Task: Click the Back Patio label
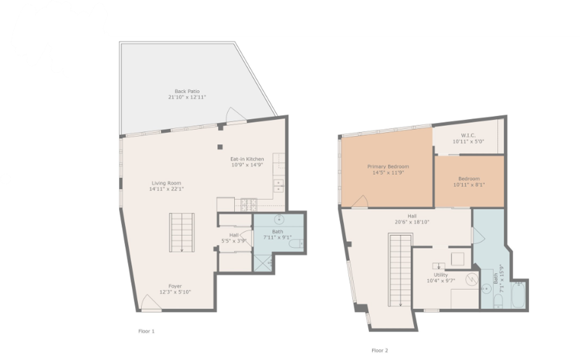187,91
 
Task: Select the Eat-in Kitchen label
247,159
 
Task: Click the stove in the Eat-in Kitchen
249,204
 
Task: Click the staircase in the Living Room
182,233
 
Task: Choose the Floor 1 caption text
146,331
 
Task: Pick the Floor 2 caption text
380,350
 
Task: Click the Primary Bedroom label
388,166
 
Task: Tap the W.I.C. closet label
468,135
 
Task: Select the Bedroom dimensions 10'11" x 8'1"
469,185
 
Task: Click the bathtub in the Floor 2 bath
518,296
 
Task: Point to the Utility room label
440,275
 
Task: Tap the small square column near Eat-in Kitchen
220,146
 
